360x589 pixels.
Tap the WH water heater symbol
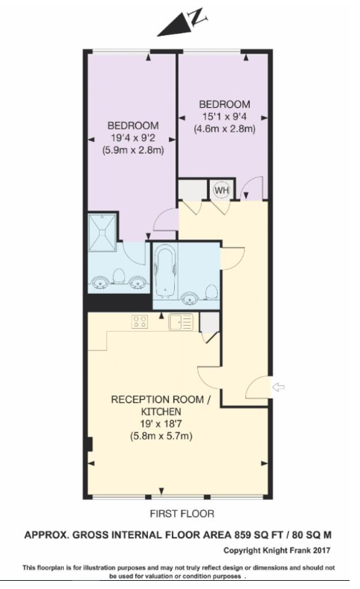pos(221,190)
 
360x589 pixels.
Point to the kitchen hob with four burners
pos(138,321)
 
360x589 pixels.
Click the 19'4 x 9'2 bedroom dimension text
pos(132,137)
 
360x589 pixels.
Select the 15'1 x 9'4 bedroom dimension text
pos(224,116)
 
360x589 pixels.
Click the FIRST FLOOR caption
pos(182,513)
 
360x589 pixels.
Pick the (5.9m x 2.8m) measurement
pos(133,149)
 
